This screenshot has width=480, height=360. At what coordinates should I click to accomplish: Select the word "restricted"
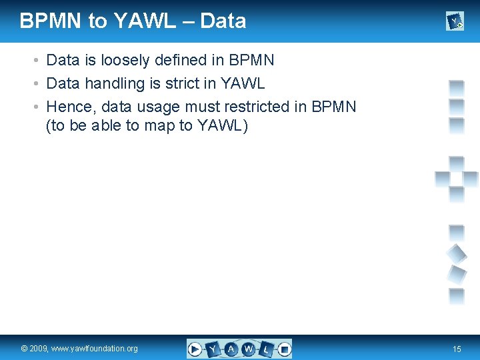tap(259, 107)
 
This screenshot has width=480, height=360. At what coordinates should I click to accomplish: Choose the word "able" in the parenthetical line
tap(105, 126)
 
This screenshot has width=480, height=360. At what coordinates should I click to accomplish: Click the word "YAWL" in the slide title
tap(145, 21)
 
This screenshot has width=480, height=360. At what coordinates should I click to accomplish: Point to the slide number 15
tap(457, 349)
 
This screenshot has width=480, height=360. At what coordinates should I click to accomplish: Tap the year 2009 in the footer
tap(39, 349)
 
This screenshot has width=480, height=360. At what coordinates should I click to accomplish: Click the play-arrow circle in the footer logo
tap(195, 348)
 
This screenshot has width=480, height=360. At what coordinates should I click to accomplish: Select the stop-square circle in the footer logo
tap(284, 348)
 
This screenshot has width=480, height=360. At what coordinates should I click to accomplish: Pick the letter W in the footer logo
tap(248, 348)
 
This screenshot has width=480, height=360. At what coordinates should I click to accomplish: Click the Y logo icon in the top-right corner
tap(455, 22)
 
